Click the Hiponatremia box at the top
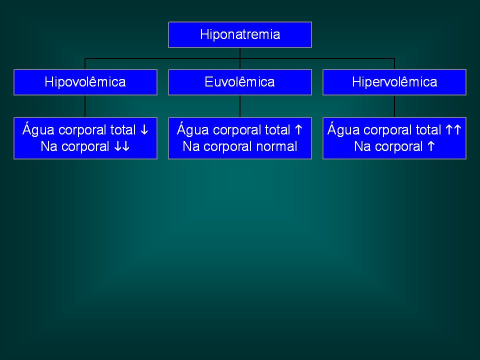coord(240,34)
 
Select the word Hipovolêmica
coord(85,82)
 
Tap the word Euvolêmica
coord(239,82)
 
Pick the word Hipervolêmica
coord(394,82)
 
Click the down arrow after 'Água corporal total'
coord(144,130)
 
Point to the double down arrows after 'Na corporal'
coord(122,146)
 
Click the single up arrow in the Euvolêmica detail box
coord(298,130)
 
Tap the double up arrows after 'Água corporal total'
coord(453,130)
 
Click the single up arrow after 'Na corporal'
coord(431,146)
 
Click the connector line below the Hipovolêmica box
coord(85,106)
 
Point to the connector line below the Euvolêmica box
coord(240,106)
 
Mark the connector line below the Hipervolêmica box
coord(394,106)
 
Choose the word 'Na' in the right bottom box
coord(362,146)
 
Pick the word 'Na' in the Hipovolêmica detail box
coord(49,146)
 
